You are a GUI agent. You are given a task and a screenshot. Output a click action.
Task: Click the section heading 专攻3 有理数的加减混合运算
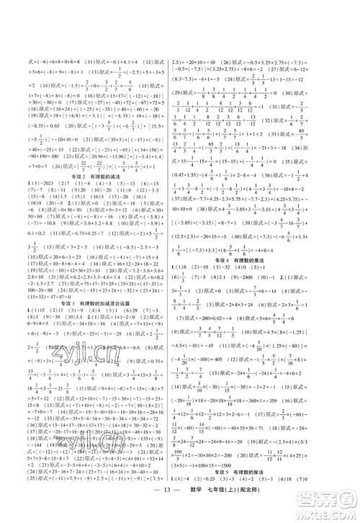[97, 283]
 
